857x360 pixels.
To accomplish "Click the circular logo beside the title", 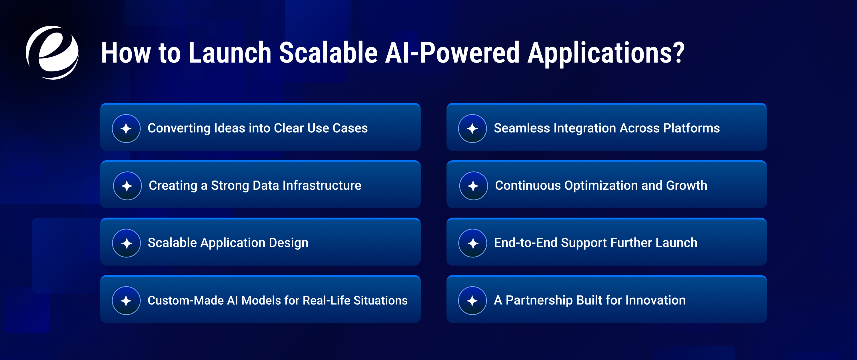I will pos(52,53).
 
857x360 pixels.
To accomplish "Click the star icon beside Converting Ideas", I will pos(126,129).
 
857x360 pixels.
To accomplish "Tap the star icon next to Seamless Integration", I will pos(472,129).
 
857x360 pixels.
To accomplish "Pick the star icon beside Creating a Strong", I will pos(127,186).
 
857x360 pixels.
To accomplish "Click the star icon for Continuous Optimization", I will pos(473,186).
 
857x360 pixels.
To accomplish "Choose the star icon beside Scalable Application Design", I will pos(127,243).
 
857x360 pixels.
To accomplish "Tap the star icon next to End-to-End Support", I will pos(472,243).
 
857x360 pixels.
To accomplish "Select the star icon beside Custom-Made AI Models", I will pos(126,301).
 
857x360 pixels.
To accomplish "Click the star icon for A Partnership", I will pos(472,301).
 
